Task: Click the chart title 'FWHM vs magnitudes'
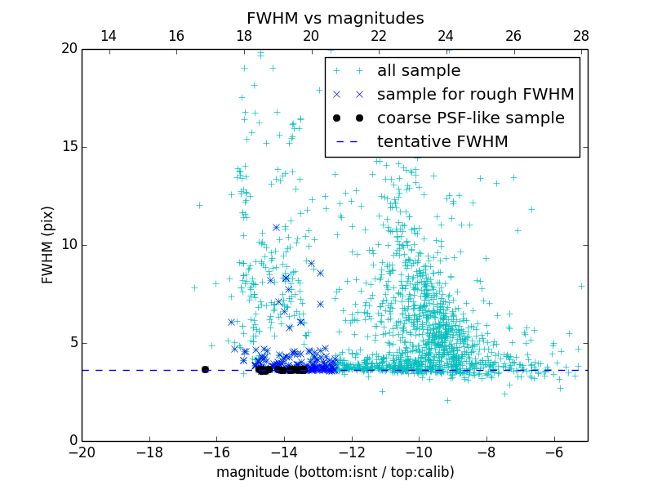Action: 335,18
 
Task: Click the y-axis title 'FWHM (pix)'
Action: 48,245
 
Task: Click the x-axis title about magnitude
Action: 335,472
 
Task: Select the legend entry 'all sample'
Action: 419,71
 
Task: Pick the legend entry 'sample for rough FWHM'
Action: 475,95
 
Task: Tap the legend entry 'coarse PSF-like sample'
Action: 470,118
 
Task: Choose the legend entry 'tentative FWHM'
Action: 442,142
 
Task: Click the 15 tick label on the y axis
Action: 69,147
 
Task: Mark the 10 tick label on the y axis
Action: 69,245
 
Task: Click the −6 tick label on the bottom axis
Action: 553,452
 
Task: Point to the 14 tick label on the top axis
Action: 109,36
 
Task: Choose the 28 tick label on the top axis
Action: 581,36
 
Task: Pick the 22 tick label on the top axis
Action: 379,36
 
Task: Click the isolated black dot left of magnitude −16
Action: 205,370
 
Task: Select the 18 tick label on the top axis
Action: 243,36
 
